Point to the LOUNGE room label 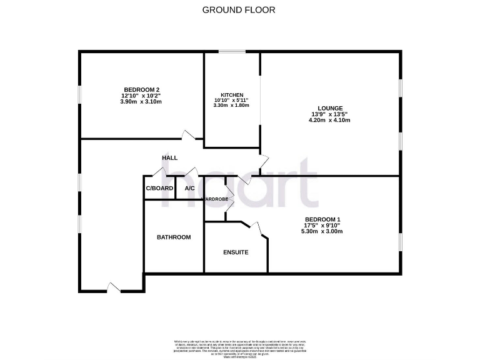click(x=329, y=107)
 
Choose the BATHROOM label click(x=174, y=237)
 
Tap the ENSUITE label click(x=236, y=252)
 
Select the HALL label click(x=170, y=158)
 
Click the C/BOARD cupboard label click(x=159, y=188)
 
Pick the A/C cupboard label click(x=189, y=188)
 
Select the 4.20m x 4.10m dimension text click(x=329, y=120)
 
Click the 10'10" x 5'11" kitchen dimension click(x=231, y=100)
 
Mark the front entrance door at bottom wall click(x=113, y=287)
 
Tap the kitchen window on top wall click(x=232, y=52)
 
